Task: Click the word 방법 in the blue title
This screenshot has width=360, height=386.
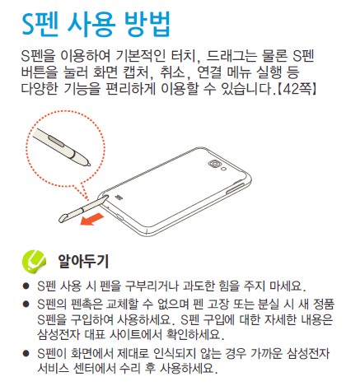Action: point(147,24)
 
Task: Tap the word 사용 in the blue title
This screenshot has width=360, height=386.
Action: point(91,24)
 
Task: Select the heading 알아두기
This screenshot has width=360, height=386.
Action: point(83,261)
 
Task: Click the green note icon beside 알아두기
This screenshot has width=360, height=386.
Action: point(34,261)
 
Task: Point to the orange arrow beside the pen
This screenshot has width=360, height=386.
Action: point(92,219)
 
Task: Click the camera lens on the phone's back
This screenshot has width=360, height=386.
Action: point(214,163)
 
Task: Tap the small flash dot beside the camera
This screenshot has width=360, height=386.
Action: point(224,169)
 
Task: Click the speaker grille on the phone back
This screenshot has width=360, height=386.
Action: point(119,198)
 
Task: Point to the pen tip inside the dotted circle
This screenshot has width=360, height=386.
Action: point(88,165)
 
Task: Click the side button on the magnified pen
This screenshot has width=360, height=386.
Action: point(56,140)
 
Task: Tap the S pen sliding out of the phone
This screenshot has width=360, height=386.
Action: point(82,208)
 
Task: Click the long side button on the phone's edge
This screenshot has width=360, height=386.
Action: point(236,188)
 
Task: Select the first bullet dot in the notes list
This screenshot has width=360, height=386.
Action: point(26,286)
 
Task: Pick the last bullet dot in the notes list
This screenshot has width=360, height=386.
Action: point(26,353)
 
